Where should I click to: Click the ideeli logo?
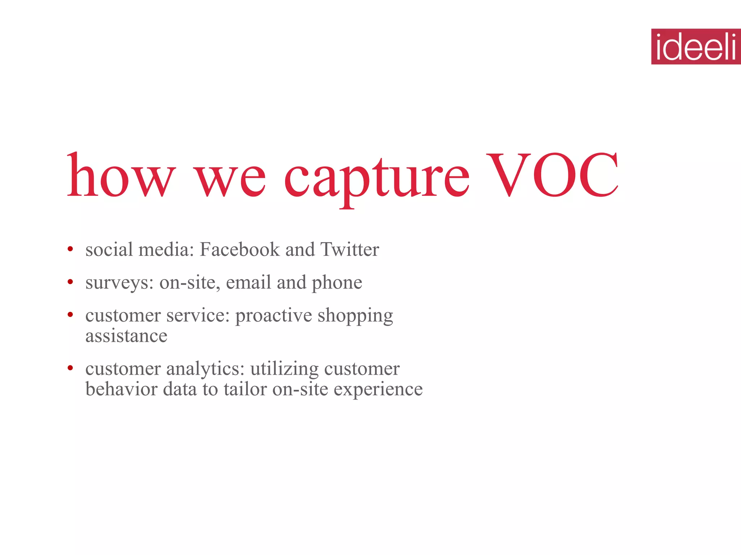pyautogui.click(x=696, y=47)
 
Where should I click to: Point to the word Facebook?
pyautogui.click(x=240, y=249)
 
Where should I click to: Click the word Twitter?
pyautogui.click(x=350, y=249)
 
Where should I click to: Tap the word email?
pyautogui.click(x=248, y=282)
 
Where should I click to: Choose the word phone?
pyautogui.click(x=336, y=283)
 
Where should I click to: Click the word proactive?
pyautogui.click(x=274, y=315)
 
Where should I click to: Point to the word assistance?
pyautogui.click(x=126, y=336)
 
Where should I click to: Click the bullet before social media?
pyautogui.click(x=70, y=249)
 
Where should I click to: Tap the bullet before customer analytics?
pyautogui.click(x=70, y=368)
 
